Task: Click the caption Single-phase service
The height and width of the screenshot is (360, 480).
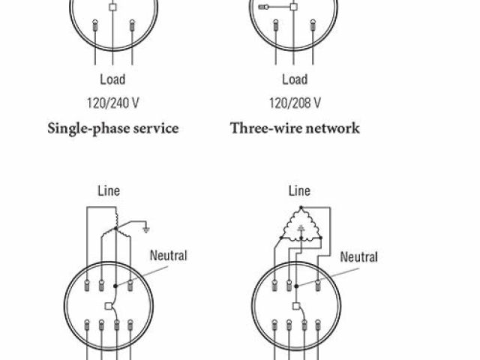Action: tap(112, 127)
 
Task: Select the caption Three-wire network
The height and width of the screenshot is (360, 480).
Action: tap(295, 127)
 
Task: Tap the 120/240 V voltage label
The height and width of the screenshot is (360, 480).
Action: tap(112, 103)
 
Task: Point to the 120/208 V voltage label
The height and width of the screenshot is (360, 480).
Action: tap(295, 103)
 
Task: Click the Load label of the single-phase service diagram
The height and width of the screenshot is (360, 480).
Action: tap(112, 79)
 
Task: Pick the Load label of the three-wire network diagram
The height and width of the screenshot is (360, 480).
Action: tap(295, 79)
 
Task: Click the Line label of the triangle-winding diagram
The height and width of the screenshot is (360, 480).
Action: tap(299, 192)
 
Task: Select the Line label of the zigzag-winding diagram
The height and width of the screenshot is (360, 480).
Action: tap(109, 192)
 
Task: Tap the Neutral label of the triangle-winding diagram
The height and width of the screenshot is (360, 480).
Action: tap(359, 257)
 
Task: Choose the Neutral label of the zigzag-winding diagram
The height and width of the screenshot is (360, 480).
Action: tap(169, 255)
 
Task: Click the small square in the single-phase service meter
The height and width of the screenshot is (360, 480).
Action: tap(112, 7)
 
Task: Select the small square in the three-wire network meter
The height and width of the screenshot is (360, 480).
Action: tap(295, 8)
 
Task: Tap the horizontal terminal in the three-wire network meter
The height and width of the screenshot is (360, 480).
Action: tap(265, 8)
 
